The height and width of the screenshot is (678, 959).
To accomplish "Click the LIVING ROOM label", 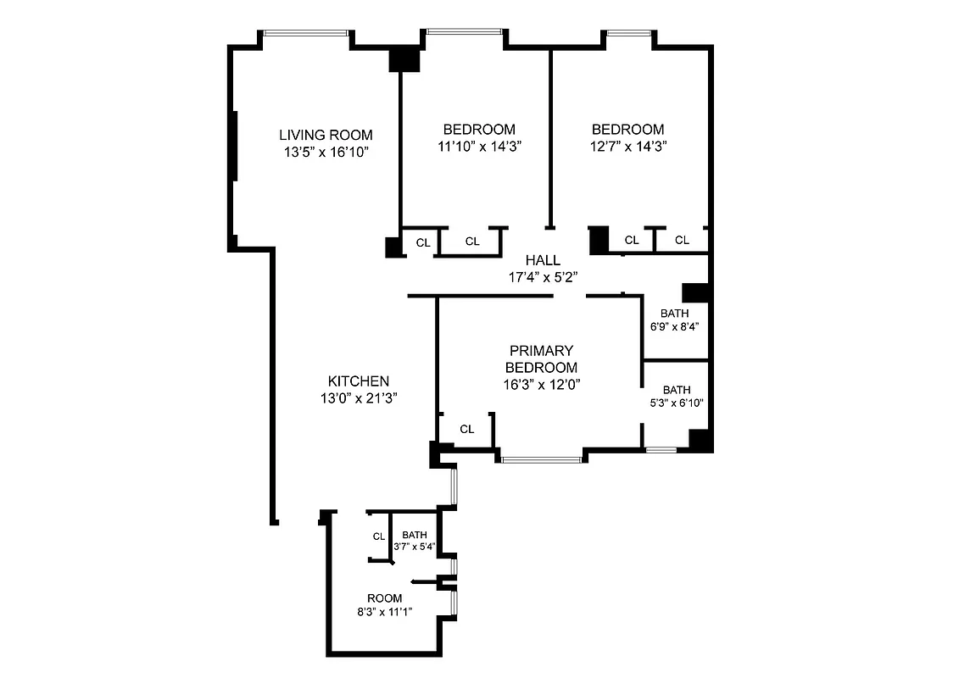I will [x=326, y=135].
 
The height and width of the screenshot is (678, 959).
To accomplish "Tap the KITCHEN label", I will [x=360, y=381].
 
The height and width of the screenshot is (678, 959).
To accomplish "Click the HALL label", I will [x=542, y=260].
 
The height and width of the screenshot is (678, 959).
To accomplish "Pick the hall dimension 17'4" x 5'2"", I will [x=542, y=276].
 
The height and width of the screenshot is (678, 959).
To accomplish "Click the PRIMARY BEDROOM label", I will [x=541, y=359].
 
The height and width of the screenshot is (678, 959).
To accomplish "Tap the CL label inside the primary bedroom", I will [x=466, y=429].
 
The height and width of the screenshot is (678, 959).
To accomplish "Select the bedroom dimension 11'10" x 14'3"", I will [x=479, y=146].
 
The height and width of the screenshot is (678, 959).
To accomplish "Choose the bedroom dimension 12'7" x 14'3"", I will [x=627, y=146].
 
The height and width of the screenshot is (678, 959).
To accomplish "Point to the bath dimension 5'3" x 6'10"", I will [x=677, y=403].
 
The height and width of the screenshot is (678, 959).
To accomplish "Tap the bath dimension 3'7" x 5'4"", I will [x=415, y=546].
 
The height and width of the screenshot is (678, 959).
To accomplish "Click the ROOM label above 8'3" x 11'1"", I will [x=384, y=598].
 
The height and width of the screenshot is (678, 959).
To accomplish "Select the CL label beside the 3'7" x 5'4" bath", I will [x=379, y=536].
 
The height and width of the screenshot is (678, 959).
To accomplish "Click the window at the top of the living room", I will [x=306, y=33].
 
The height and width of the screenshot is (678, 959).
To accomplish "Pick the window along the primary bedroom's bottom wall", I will [x=540, y=460].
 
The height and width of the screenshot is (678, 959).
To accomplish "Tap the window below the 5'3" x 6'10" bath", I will [x=661, y=449].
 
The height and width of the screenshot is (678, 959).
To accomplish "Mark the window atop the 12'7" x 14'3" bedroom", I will [x=628, y=34].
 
